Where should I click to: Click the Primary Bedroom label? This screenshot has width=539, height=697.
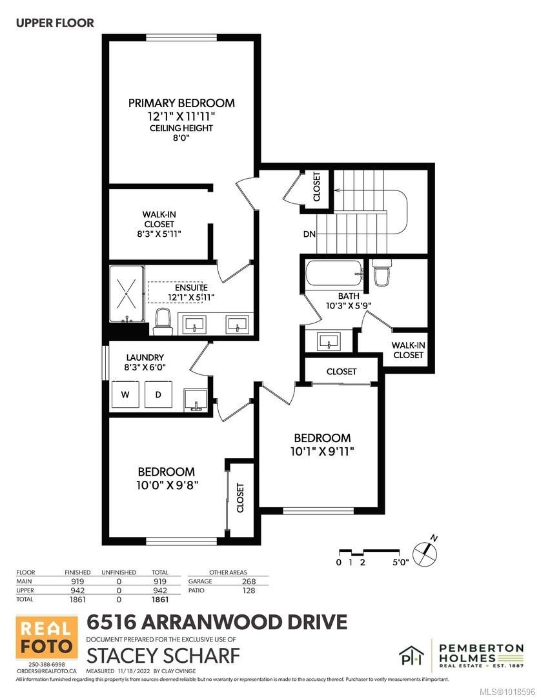click(x=181, y=103)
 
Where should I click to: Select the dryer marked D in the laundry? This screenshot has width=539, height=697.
click(x=157, y=394)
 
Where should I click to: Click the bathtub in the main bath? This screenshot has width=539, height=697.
click(x=332, y=274)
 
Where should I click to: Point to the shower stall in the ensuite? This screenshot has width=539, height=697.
click(x=127, y=296)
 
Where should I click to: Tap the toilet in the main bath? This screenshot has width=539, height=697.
click(x=380, y=272)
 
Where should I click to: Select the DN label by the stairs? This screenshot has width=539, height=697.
click(x=309, y=234)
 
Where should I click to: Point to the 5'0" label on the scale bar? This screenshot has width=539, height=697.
click(x=400, y=562)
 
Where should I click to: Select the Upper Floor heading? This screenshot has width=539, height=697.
click(x=55, y=23)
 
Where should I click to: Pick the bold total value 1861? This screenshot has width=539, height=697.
click(x=159, y=600)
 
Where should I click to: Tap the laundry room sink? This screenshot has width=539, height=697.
click(x=196, y=400)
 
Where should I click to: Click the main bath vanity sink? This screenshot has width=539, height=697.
click(x=329, y=341)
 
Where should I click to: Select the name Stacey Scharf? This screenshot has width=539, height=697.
click(x=163, y=655)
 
